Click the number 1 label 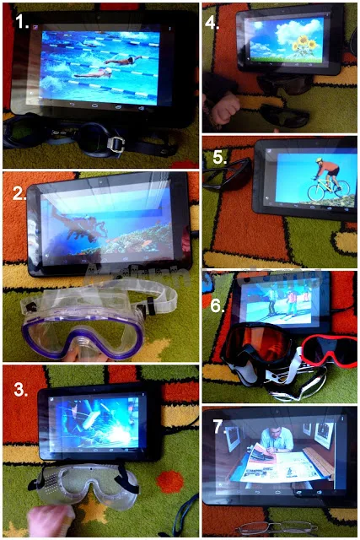click(x=22, y=22)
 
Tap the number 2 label click(x=19, y=194)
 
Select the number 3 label click(x=21, y=389)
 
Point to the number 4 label click(x=212, y=23)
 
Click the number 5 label click(x=220, y=157)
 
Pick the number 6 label click(x=218, y=305)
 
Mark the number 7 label click(x=219, y=427)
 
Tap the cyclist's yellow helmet click(x=319, y=160)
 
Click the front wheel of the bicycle click(x=316, y=192)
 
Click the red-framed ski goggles click(x=330, y=351)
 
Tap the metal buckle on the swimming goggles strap click(x=116, y=143)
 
